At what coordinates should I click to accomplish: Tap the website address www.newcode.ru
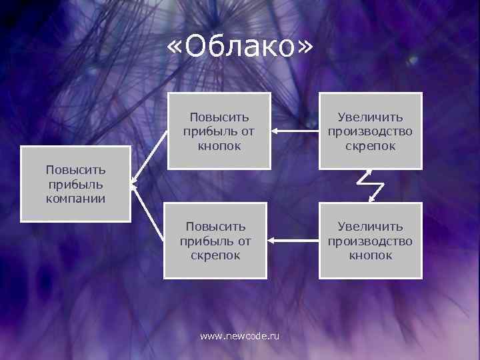(240, 337)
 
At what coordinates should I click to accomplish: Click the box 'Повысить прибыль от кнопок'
(219, 131)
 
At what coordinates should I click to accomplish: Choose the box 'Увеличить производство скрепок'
(370, 131)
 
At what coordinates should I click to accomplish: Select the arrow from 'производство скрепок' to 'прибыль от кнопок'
(295, 131)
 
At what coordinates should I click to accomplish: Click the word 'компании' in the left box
(75, 198)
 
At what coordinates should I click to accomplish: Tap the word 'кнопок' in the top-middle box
(219, 145)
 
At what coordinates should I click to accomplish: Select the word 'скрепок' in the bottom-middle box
(215, 255)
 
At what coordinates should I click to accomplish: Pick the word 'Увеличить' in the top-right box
(370, 117)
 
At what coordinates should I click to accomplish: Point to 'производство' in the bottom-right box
(370, 241)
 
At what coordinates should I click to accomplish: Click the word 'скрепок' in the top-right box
(370, 145)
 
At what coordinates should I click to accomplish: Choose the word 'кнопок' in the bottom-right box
(370, 255)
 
